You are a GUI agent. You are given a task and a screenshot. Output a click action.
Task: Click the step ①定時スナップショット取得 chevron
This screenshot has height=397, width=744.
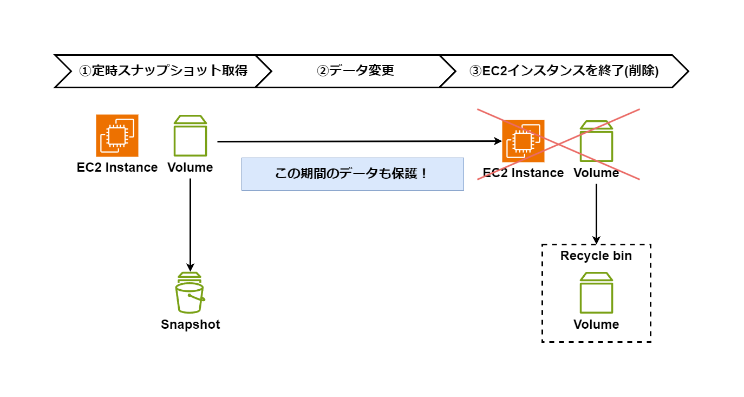162,71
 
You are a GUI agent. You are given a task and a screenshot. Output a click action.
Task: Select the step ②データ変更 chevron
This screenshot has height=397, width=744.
355,71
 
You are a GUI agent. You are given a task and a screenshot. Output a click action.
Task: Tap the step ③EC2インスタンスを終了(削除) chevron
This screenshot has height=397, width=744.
563,71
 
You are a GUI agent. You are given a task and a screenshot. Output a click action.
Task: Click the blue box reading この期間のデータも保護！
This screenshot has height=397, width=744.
353,174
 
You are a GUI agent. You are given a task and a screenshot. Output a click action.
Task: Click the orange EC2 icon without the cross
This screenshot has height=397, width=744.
118,135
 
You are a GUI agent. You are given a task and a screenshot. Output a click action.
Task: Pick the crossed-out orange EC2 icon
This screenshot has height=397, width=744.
523,141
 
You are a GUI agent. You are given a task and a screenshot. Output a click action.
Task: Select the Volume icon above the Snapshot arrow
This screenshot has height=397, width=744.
190,135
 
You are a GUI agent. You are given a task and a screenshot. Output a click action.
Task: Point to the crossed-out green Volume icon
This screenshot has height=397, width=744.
596,141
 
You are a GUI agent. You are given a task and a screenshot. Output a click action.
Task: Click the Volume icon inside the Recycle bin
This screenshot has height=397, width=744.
596,293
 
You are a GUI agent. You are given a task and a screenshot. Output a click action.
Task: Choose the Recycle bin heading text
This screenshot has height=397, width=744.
596,256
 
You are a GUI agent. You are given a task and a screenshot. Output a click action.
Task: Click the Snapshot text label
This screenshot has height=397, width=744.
191,324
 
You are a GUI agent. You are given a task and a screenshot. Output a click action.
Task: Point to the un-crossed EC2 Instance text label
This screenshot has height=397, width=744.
118,167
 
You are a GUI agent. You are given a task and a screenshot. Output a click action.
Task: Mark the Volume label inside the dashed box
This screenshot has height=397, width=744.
596,324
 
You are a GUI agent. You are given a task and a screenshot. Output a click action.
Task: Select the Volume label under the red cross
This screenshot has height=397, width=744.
596,173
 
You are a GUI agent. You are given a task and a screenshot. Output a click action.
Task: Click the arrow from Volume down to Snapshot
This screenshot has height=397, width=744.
190,225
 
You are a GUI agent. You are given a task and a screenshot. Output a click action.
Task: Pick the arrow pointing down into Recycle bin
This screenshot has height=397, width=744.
596,214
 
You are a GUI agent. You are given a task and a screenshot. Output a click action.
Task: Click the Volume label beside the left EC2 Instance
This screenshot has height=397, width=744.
190,167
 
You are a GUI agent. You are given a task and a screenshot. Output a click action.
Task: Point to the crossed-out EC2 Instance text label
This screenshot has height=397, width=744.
523,173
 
